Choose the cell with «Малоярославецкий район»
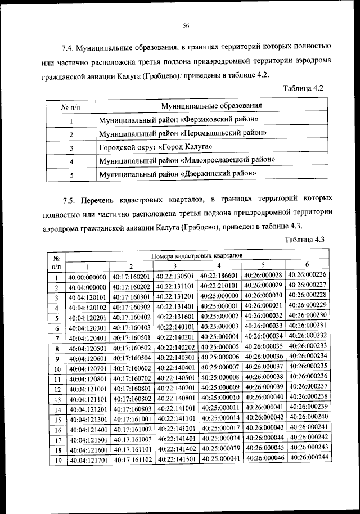pyautogui.click(x=187, y=161)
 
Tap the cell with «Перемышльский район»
pyautogui.click(x=183, y=134)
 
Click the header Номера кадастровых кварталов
pyautogui.click(x=197, y=256)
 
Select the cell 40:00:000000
pyautogui.click(x=87, y=277)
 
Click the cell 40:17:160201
pyautogui.click(x=131, y=277)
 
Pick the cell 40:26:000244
pyautogui.click(x=307, y=457)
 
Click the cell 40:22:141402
pyautogui.click(x=175, y=449)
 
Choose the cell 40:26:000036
pyautogui.click(x=264, y=357)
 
